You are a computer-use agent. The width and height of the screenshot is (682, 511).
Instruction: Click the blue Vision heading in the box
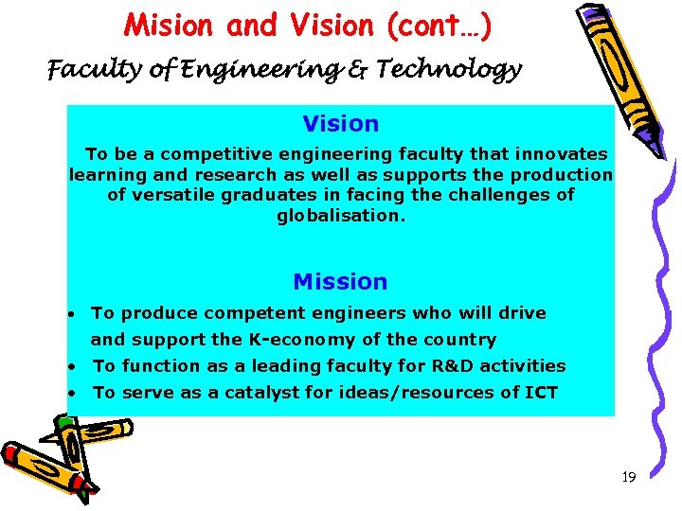pyautogui.click(x=340, y=124)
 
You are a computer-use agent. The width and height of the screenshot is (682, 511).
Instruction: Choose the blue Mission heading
pyautogui.click(x=340, y=282)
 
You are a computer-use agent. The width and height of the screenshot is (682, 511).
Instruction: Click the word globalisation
pyautogui.click(x=340, y=216)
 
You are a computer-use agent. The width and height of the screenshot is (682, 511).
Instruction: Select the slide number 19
pyautogui.click(x=628, y=478)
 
